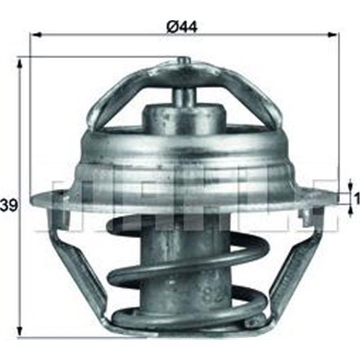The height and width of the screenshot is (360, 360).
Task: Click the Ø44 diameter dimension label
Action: pyautogui.click(x=182, y=27)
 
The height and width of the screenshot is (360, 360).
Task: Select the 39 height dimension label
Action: pyautogui.click(x=9, y=206)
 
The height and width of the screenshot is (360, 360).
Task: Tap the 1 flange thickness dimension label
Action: pyautogui.click(x=357, y=198)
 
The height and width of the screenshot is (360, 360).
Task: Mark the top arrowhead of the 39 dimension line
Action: pyautogui.click(x=19, y=63)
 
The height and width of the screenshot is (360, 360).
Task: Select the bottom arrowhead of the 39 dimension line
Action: pyautogui.click(x=19, y=333)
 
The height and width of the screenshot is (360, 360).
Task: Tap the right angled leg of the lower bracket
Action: pyautogui.click(x=292, y=270)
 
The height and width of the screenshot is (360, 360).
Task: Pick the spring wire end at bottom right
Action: pyautogui.click(x=255, y=321)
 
